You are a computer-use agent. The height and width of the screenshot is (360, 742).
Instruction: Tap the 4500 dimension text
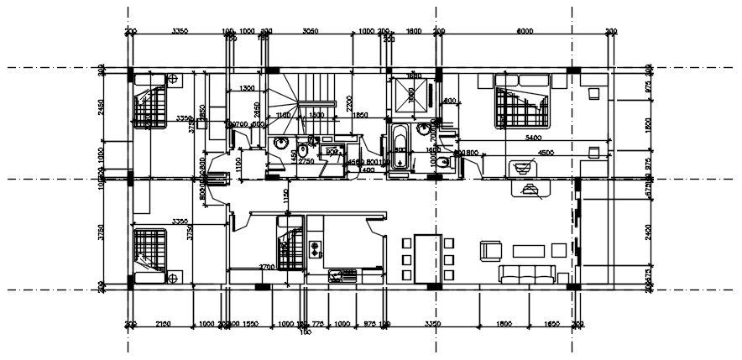click(546, 153)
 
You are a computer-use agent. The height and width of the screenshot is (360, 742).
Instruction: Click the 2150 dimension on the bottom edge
click(163, 323)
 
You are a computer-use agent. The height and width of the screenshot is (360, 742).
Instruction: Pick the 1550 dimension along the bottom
click(249, 323)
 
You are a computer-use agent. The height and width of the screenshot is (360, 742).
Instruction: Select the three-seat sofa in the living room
click(527, 274)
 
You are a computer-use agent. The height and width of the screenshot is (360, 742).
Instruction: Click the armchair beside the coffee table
click(490, 250)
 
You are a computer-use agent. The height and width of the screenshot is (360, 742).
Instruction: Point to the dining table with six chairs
click(428, 258)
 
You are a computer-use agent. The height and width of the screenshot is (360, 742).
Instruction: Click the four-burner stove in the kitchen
click(316, 248)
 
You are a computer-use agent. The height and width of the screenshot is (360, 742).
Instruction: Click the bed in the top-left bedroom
click(151, 102)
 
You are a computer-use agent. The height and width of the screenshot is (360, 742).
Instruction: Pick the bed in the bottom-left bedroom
click(151, 250)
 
